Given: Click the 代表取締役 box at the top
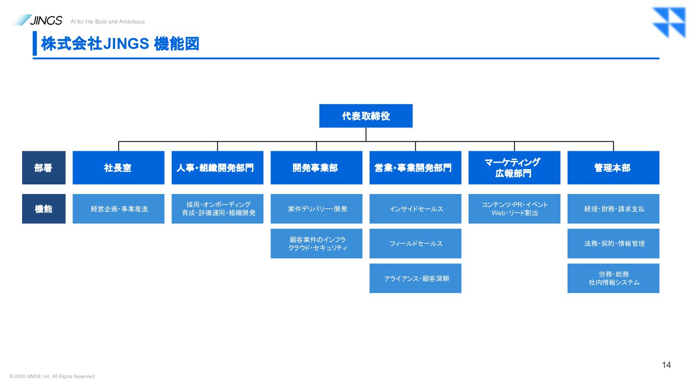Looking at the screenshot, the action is tap(366, 116).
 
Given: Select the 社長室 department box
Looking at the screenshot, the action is tap(118, 168).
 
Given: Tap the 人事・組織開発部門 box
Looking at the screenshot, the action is tap(218, 168).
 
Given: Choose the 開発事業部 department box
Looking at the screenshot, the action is tap(316, 168).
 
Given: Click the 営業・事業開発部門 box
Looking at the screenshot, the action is tap(415, 168).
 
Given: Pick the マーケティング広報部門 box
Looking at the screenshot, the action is tap(514, 168).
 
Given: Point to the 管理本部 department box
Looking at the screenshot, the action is tap(613, 168).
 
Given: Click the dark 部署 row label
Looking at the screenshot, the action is tap(44, 168).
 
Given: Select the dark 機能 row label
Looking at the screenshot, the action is tap(44, 209).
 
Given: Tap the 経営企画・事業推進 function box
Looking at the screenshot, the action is tap(118, 209).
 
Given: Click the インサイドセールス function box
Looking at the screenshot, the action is tap(415, 209).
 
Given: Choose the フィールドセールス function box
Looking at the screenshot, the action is tap(415, 243).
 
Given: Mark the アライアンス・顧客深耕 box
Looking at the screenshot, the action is tap(415, 278).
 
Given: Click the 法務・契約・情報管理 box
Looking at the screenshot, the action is tap(613, 243).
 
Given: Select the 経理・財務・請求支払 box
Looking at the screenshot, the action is tap(613, 209).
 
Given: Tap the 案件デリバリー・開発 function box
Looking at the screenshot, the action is tap(316, 209).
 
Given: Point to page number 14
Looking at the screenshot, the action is tap(667, 365).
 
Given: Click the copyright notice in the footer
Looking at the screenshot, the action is tap(52, 377).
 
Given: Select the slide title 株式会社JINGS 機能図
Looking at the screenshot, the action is tap(120, 44).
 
